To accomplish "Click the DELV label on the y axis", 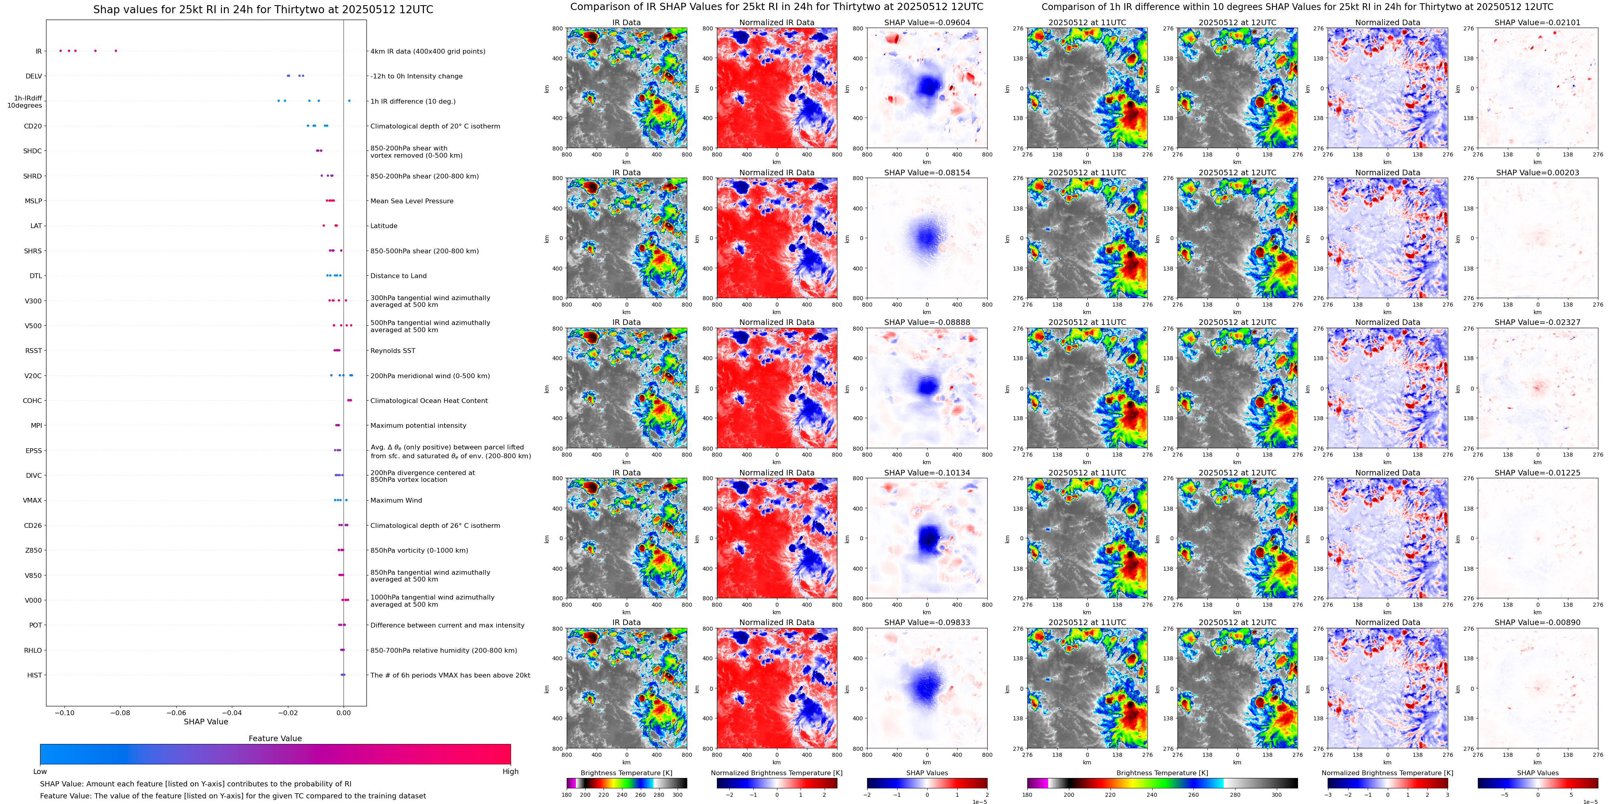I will click(34, 76).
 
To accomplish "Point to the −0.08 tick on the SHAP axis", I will click(120, 712).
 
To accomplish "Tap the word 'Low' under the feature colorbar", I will click(40, 772).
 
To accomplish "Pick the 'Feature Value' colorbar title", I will click(275, 738).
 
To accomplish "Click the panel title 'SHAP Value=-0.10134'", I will click(927, 473).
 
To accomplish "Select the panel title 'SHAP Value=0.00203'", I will click(1538, 173).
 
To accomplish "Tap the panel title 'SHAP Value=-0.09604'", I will click(927, 22).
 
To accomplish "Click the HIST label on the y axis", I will click(35, 675).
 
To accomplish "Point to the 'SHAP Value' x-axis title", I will click(206, 722).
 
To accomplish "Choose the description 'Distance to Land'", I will click(398, 276).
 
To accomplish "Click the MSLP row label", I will click(34, 201).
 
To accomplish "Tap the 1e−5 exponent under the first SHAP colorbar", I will click(979, 802).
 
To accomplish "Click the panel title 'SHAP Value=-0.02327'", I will click(1538, 323).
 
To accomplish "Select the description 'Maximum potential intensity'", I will click(418, 425).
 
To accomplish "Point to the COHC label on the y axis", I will click(32, 401).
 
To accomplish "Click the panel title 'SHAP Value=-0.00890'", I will click(1538, 622).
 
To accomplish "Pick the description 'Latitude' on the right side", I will click(384, 226).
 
